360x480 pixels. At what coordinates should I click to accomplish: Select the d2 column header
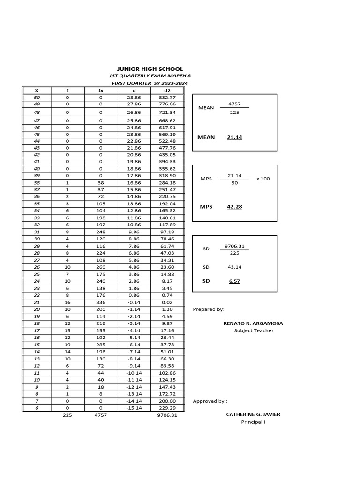168,90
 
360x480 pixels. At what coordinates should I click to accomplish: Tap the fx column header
101,90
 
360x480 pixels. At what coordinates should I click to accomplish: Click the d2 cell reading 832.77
168,97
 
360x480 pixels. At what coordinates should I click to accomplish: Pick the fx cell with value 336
101,303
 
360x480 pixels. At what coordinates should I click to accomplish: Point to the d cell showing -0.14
134,303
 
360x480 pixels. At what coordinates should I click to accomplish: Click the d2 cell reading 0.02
168,303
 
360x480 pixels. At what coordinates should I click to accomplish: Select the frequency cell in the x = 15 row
67,345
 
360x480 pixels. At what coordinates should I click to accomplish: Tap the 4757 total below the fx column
101,415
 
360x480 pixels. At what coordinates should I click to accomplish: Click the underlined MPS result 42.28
234,206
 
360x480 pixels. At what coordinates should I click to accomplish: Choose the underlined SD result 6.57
234,281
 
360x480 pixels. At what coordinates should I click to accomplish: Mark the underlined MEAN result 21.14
234,137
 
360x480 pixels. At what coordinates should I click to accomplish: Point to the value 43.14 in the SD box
234,267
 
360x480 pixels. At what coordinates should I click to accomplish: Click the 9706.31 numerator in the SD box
234,245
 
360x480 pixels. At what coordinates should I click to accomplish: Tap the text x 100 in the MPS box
263,179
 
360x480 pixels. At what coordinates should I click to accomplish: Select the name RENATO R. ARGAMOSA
254,323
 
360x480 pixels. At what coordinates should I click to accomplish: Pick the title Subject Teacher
254,330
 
